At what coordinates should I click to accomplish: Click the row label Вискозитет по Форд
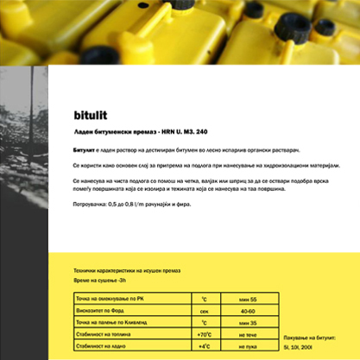102,309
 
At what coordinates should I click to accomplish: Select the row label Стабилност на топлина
105,333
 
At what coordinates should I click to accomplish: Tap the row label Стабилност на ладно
103,345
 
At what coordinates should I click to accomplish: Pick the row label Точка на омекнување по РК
110,297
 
